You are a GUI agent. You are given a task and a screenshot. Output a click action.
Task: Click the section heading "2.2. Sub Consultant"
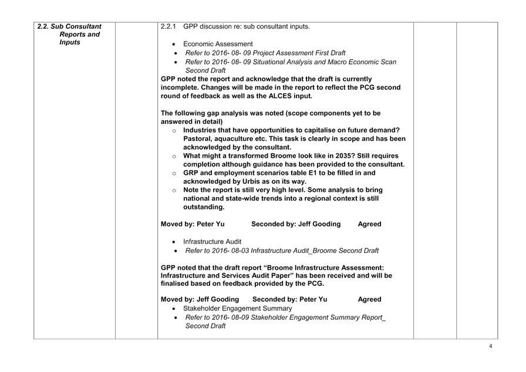pos(69,26)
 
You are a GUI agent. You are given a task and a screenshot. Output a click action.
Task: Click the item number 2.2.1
pos(170,26)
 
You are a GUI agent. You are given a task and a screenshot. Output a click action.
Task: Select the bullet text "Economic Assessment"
pos(218,44)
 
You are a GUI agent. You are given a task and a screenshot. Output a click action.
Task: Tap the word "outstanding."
pos(204,207)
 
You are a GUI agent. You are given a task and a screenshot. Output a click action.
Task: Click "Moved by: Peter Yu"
pos(193,224)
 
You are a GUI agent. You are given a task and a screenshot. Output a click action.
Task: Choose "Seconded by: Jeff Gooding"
pos(296,224)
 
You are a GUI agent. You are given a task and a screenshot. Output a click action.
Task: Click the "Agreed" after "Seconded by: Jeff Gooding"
pos(369,224)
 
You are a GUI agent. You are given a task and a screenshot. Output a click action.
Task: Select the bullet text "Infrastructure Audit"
pos(212,241)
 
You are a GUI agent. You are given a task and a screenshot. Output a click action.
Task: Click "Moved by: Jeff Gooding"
pos(200,299)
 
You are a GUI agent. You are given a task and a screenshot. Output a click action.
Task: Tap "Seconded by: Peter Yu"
pos(289,299)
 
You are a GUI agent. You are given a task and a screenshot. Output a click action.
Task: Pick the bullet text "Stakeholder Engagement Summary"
pos(237,308)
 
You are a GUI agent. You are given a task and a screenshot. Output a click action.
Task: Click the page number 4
pos(490,346)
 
